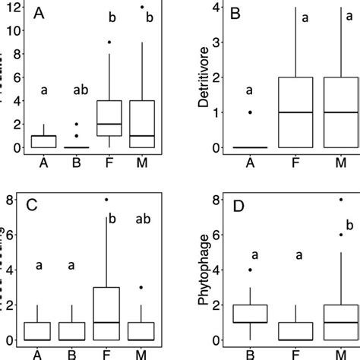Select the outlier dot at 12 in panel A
click(x=142, y=7)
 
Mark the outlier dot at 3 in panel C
click(x=142, y=288)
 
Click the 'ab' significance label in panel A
click(x=80, y=90)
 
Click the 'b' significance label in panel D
click(x=349, y=225)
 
